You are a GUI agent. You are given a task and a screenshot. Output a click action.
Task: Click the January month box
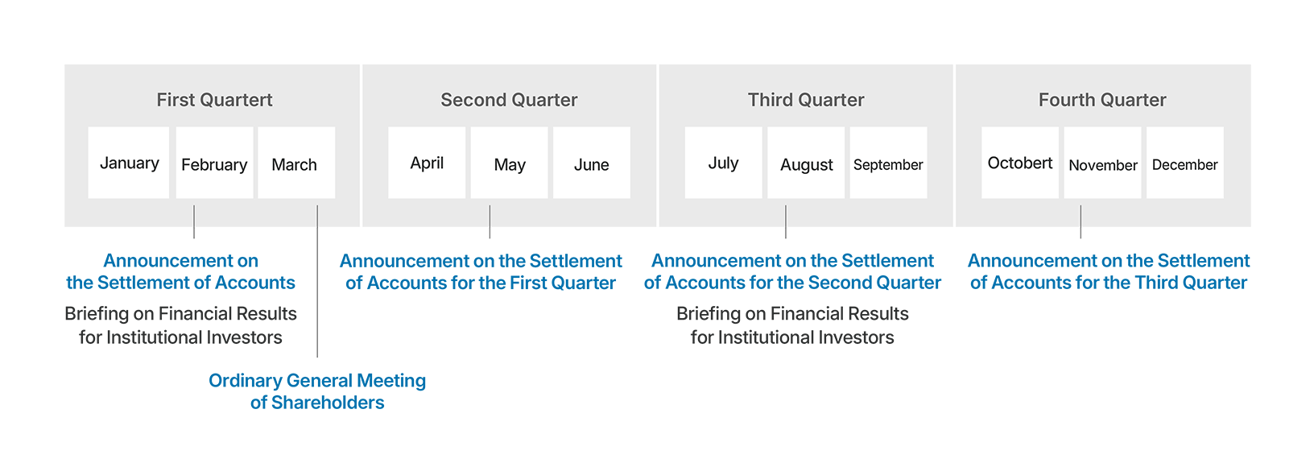[129, 163]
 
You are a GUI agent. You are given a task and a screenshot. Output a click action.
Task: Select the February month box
[215, 163]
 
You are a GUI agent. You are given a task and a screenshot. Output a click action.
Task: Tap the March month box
[297, 163]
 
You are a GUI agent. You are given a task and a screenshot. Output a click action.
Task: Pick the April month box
[427, 163]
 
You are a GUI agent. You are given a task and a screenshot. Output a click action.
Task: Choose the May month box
[509, 163]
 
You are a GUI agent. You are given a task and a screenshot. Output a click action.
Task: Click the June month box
[592, 163]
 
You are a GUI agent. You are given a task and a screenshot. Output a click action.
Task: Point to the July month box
[724, 163]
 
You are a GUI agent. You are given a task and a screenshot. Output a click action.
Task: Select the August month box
[806, 163]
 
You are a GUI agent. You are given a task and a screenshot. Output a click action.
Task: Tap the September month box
[889, 163]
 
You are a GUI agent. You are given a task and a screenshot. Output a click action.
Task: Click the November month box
[1103, 163]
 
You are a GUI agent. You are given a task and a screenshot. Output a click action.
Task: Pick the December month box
[1185, 163]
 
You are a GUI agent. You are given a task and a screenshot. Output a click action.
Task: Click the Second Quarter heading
[509, 100]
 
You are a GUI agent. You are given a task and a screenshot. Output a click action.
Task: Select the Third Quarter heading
[806, 100]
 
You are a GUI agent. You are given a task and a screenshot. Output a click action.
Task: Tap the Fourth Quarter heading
[1102, 100]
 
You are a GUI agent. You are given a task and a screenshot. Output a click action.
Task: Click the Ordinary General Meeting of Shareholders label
[317, 391]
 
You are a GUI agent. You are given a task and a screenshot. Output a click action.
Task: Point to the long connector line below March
[317, 281]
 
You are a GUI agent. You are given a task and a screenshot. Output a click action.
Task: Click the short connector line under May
[490, 221]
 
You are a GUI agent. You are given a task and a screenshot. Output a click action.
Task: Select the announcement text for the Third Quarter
[1109, 271]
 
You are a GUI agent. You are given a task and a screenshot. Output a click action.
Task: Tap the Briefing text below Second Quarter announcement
[792, 325]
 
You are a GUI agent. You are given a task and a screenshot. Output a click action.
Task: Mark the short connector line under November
[1081, 221]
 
